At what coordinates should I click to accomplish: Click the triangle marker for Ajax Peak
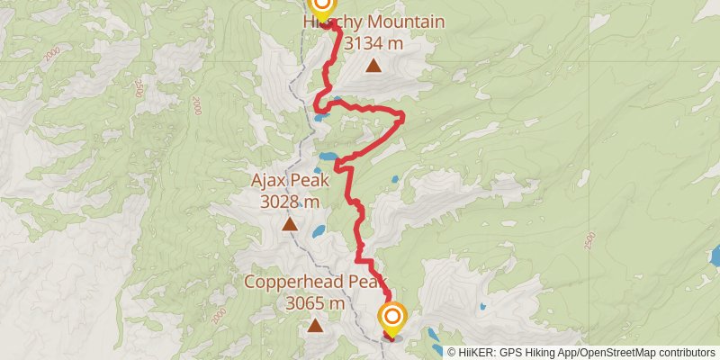click(x=290, y=223)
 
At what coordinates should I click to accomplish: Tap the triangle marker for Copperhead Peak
click(x=314, y=324)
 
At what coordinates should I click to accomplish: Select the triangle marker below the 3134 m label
click(x=373, y=65)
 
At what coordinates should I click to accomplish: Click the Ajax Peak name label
click(x=290, y=183)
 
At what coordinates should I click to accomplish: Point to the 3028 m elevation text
click(x=290, y=202)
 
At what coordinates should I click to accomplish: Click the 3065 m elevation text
click(x=315, y=303)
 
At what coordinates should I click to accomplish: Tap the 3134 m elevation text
click(x=373, y=41)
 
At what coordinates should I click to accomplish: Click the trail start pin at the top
click(x=321, y=5)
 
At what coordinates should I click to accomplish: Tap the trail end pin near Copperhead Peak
click(x=393, y=318)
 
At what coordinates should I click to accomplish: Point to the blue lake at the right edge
click(x=715, y=256)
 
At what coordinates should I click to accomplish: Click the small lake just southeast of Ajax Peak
click(x=319, y=231)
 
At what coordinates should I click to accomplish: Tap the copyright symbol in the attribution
click(x=451, y=353)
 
